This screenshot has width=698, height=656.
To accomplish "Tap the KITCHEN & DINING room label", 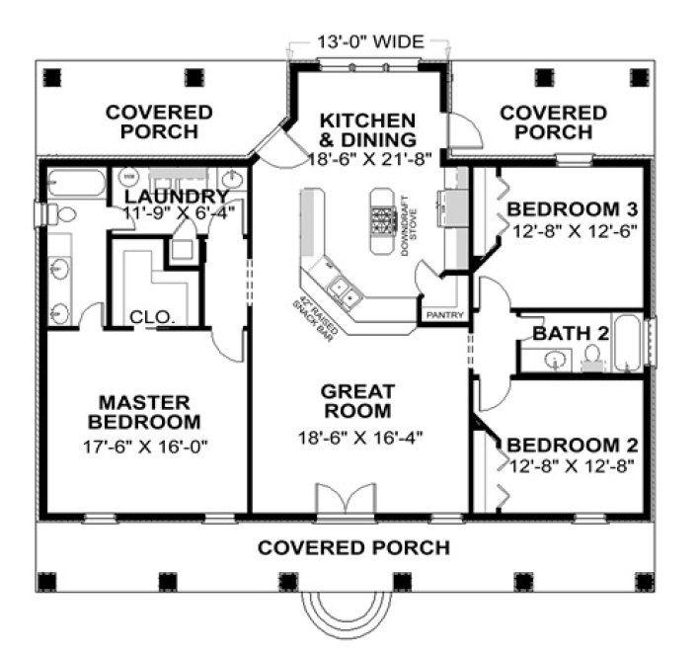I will pos(367,129).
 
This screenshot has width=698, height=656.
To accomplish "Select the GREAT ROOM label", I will pos(357,401).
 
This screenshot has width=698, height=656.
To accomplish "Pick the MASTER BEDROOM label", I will pos(144,413).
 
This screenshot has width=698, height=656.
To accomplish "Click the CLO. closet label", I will pos(153,318).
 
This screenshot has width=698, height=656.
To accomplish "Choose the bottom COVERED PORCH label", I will pos(353,547).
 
